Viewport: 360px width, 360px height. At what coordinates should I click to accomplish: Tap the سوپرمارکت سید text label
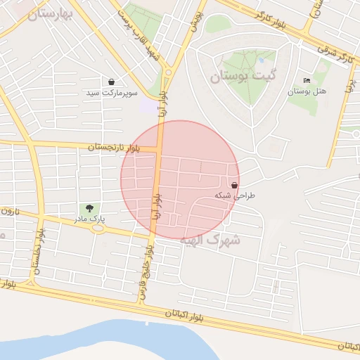112,93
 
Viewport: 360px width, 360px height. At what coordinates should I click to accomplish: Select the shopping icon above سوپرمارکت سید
112,82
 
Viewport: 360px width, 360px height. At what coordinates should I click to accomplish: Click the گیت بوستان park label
243,75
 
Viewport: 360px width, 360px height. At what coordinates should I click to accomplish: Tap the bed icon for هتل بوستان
307,81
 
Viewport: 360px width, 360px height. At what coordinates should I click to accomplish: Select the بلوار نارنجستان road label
114,148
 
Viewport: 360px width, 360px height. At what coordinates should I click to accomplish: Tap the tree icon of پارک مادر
89,208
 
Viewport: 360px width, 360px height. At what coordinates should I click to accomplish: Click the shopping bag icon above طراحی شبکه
234,184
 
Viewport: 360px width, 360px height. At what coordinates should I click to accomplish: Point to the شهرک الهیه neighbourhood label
210,240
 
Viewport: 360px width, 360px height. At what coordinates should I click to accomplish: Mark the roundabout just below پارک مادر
97,229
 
